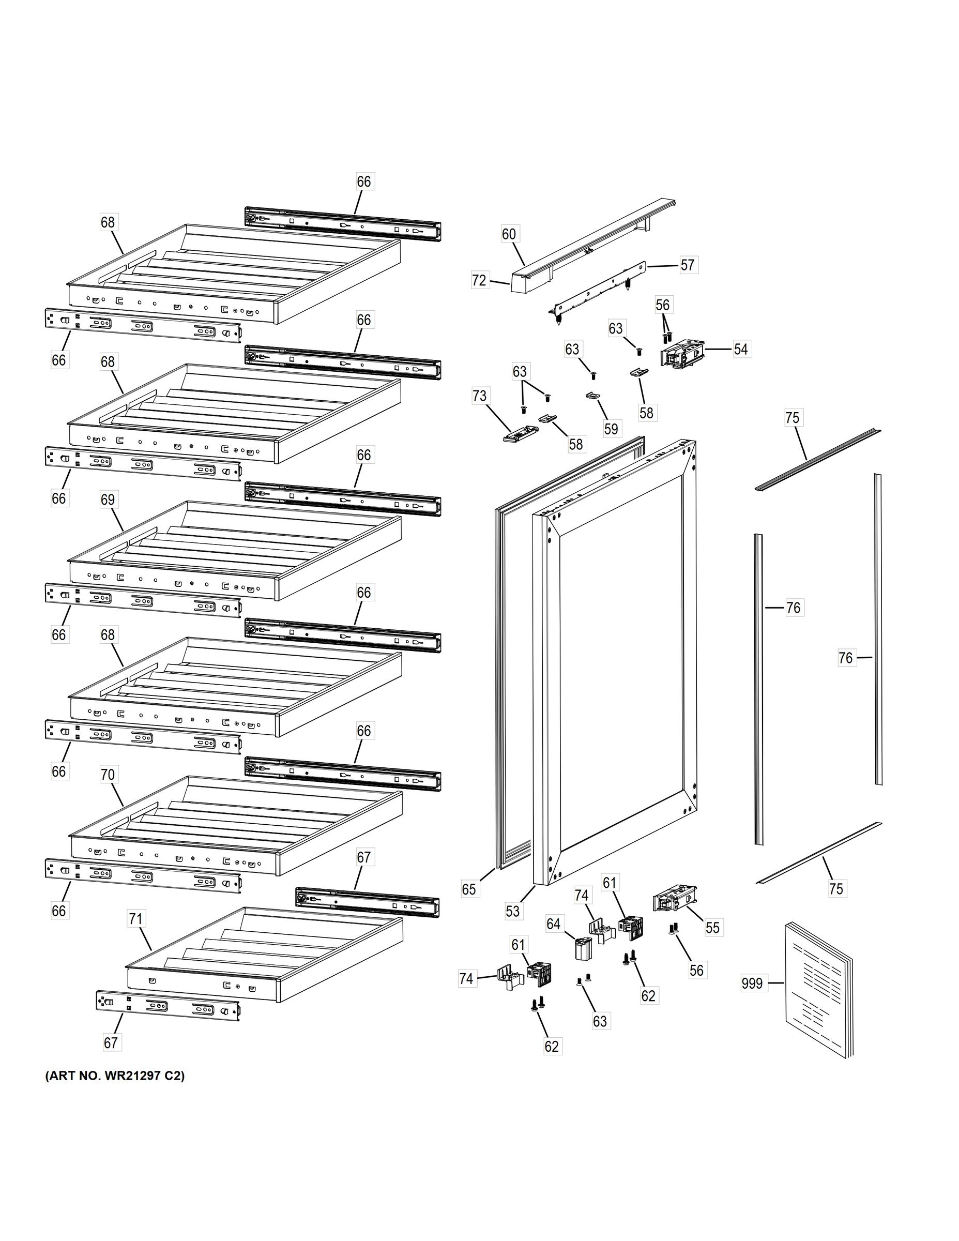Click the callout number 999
coord(752,983)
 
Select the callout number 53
coord(512,912)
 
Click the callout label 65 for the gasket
coord(469,889)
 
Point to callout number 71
coord(135,919)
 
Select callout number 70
coord(108,775)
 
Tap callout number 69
coord(108,500)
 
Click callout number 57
coord(688,265)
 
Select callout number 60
coord(509,234)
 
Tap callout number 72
coord(480,280)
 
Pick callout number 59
coord(611,429)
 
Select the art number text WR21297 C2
coord(114,1076)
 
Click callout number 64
coord(553,925)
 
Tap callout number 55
coord(712,928)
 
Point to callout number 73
coord(480,396)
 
